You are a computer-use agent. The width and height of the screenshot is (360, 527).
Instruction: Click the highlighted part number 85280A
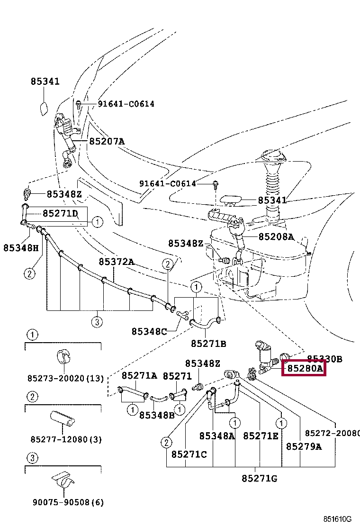tap(304, 368)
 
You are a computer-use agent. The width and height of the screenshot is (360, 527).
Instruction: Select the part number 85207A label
tap(107, 141)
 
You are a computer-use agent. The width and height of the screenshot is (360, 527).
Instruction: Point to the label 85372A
tap(117, 262)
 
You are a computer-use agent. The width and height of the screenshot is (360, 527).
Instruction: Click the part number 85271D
tap(60, 213)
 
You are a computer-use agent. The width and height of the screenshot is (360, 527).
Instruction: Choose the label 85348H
tap(21, 247)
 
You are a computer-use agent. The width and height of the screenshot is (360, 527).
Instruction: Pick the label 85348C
tap(149, 331)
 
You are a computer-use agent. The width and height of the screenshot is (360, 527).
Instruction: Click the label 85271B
tap(208, 343)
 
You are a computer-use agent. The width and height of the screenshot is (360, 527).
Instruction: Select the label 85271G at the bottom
tap(260, 478)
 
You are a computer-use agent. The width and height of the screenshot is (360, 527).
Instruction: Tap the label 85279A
tap(304, 446)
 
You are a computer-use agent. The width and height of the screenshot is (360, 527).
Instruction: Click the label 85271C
tap(189, 454)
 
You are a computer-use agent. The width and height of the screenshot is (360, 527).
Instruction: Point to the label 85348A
tap(217, 436)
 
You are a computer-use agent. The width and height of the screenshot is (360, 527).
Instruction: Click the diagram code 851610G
tap(338, 520)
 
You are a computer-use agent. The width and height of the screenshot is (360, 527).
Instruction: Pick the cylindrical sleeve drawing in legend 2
tap(62, 419)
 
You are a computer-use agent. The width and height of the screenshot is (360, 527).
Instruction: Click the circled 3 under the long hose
tap(97, 322)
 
